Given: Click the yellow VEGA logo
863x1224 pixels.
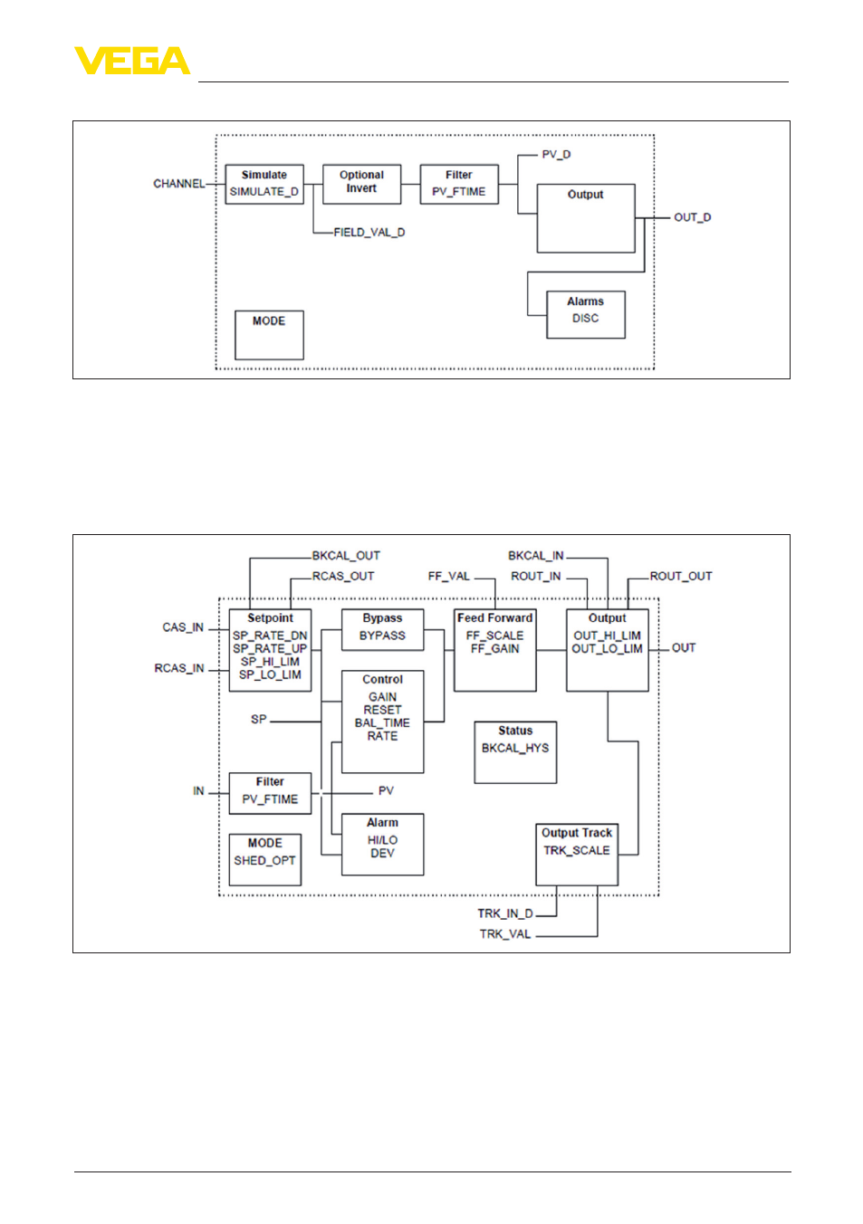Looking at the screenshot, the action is click(132, 60).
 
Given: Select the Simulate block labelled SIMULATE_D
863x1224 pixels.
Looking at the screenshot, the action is click(264, 184).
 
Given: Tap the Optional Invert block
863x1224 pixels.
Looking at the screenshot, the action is click(361, 184).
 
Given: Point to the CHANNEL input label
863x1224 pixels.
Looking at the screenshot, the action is click(178, 184).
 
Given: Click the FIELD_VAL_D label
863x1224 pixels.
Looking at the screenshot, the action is click(369, 233).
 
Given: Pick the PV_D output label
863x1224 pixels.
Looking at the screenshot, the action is click(556, 155).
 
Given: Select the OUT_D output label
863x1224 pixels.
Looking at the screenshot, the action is click(692, 217).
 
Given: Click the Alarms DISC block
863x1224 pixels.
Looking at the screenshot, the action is click(585, 315).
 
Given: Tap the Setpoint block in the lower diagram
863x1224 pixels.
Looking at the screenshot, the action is click(270, 650).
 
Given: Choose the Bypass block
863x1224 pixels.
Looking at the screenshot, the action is click(382, 629).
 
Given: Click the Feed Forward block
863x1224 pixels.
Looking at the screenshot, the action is click(494, 650).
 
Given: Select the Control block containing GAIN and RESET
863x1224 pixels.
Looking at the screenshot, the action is click(382, 722).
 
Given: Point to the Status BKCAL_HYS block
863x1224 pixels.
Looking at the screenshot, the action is click(515, 752).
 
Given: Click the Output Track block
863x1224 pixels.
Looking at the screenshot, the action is click(577, 855).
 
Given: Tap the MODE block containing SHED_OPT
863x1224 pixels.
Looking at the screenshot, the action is click(265, 859).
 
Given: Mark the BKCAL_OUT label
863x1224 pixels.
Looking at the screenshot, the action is click(346, 556).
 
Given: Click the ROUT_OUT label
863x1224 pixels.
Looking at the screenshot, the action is click(680, 576).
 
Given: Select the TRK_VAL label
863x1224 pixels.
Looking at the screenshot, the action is click(505, 934).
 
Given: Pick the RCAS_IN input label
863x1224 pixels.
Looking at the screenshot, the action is click(178, 668).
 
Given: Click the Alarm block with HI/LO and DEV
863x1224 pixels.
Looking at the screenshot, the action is click(382, 845).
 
